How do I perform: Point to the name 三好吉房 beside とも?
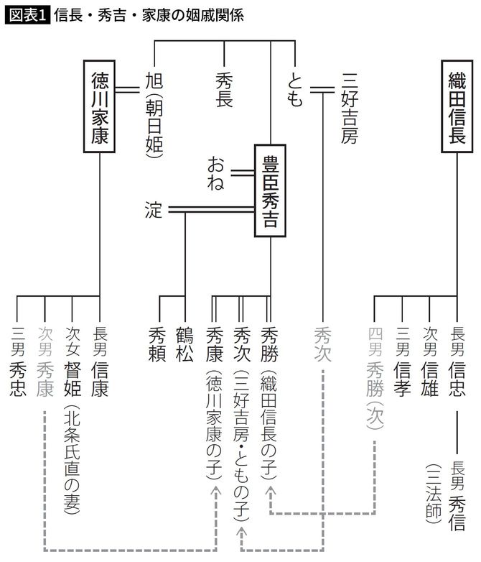coord(350,108)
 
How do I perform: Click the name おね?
coord(216,172)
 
